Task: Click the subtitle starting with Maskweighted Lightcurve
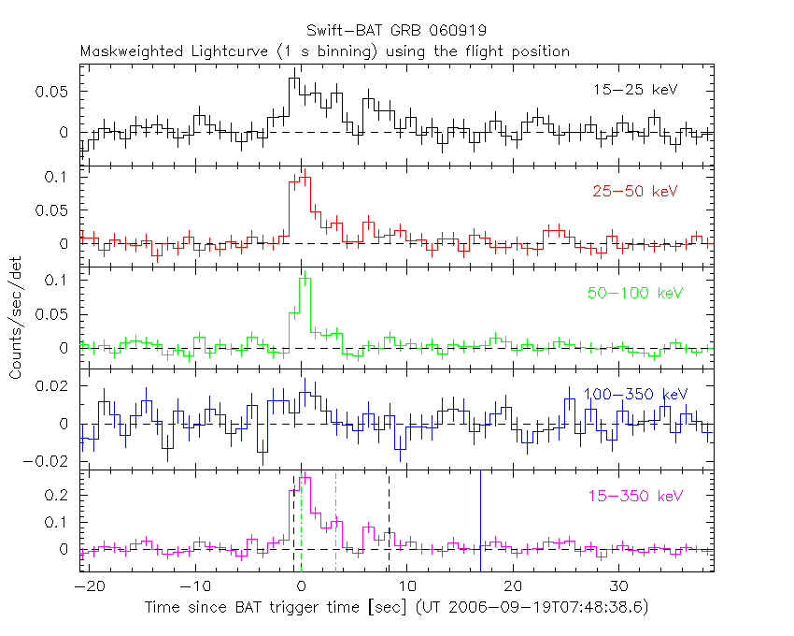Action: click(325, 51)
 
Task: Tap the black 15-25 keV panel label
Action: click(634, 91)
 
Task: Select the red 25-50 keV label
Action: click(634, 192)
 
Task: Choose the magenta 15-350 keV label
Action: click(634, 495)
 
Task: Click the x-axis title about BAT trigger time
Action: click(396, 607)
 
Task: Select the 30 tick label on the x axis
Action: click(617, 586)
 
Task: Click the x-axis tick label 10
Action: click(406, 586)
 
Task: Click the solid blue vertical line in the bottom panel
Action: click(480, 519)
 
